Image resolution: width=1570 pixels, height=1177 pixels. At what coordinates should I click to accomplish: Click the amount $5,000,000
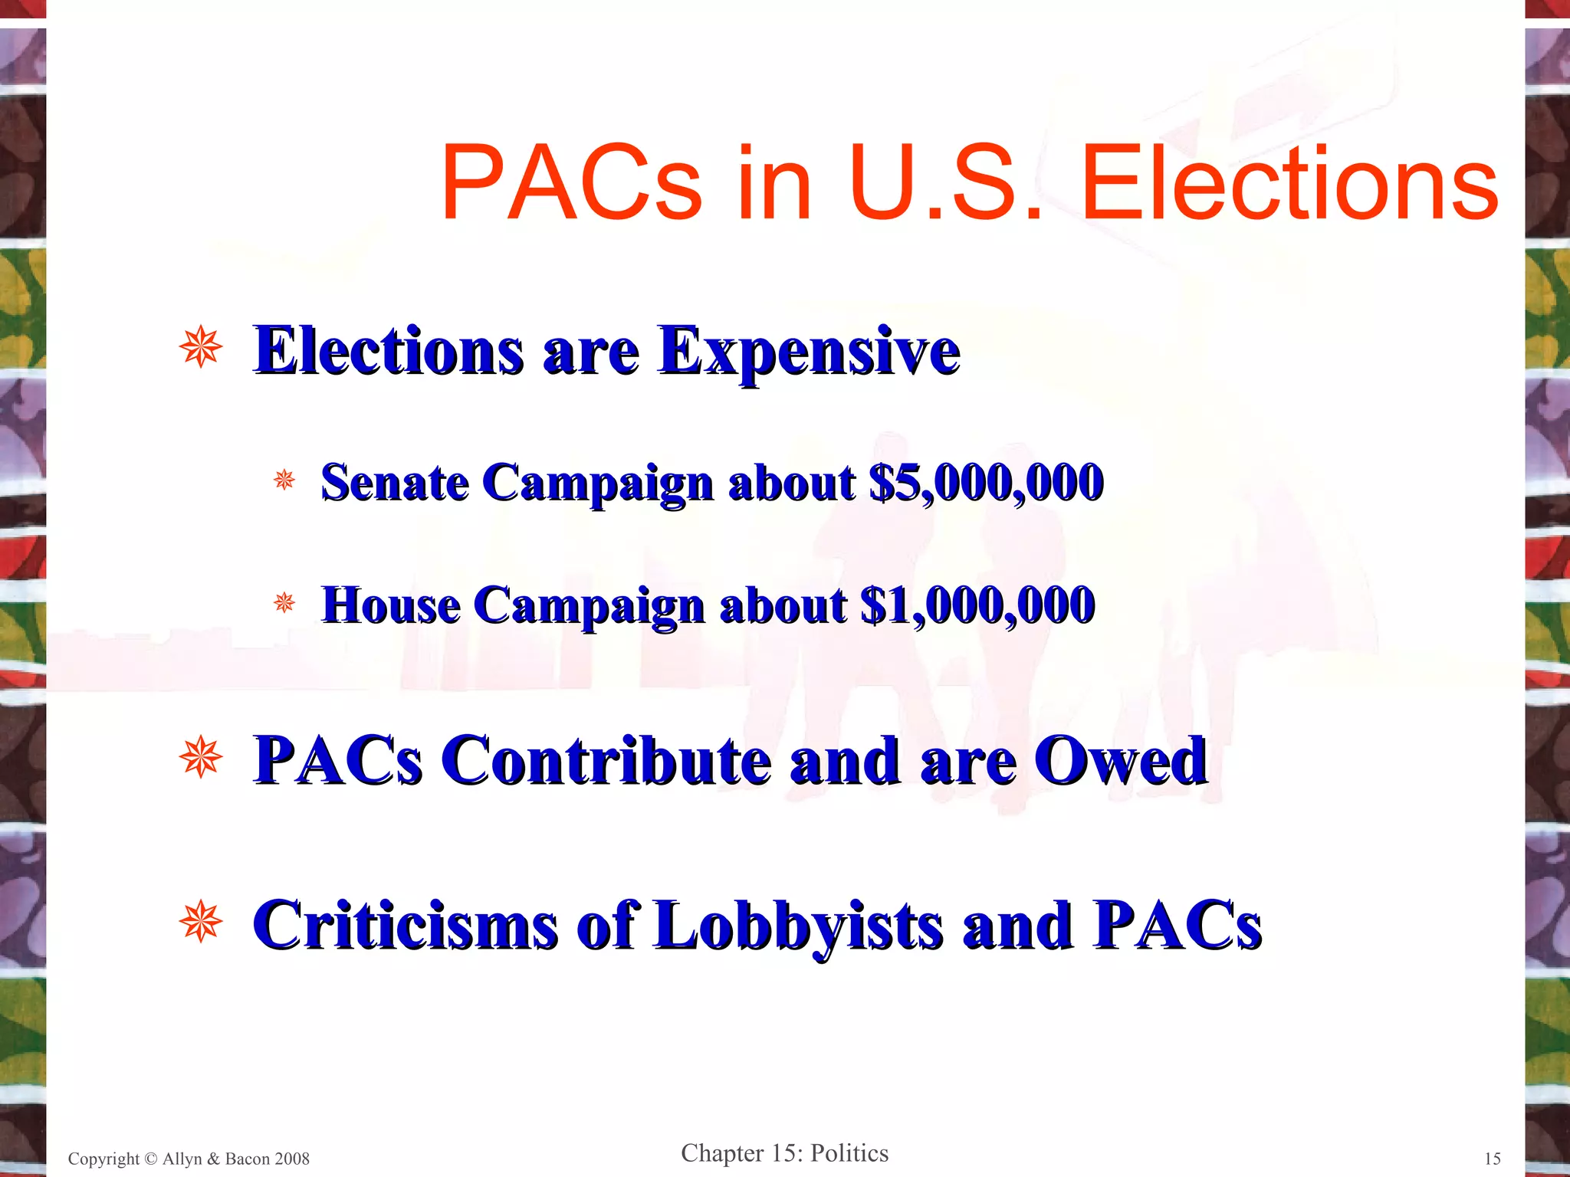tap(986, 483)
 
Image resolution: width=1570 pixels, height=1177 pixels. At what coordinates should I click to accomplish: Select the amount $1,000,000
tap(977, 605)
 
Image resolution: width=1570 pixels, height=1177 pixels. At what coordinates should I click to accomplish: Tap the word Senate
tap(395, 483)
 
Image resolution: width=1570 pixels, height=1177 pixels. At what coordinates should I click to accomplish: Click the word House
tap(391, 605)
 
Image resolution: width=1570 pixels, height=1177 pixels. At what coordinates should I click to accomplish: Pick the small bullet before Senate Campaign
tap(284, 480)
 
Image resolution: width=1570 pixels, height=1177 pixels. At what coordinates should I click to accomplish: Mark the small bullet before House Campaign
tap(284, 603)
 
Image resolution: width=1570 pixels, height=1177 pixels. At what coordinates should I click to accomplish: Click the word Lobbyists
tap(797, 926)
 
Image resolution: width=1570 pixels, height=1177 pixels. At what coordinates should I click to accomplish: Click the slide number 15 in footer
tap(1492, 1159)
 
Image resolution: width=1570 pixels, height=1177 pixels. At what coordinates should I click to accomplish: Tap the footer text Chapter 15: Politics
tap(784, 1153)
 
